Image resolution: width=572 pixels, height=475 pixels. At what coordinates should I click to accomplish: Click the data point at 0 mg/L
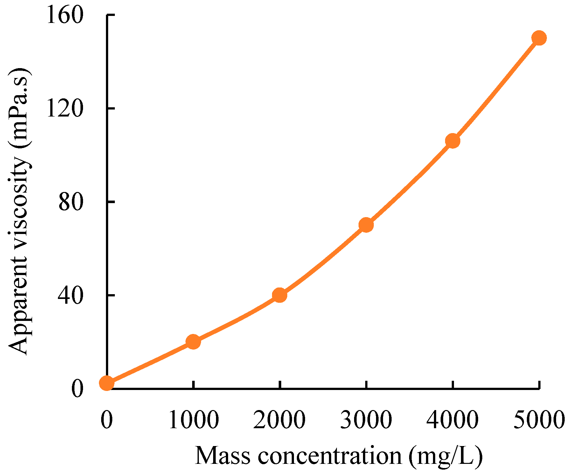(107, 383)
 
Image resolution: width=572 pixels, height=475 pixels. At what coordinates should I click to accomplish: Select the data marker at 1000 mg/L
(193, 342)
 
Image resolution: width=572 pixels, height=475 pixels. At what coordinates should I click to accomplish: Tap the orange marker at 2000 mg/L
(280, 295)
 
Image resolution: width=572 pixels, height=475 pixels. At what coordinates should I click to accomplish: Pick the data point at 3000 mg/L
(366, 225)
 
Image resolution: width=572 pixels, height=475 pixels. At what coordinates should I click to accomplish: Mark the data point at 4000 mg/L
(452, 141)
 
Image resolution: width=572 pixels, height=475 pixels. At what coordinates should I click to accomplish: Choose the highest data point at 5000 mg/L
(539, 38)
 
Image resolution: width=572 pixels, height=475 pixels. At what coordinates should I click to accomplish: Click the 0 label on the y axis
(77, 389)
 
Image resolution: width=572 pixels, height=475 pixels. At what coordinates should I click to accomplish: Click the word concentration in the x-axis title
(330, 456)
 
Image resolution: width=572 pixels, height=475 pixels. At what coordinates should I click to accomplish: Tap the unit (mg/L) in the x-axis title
(446, 456)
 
